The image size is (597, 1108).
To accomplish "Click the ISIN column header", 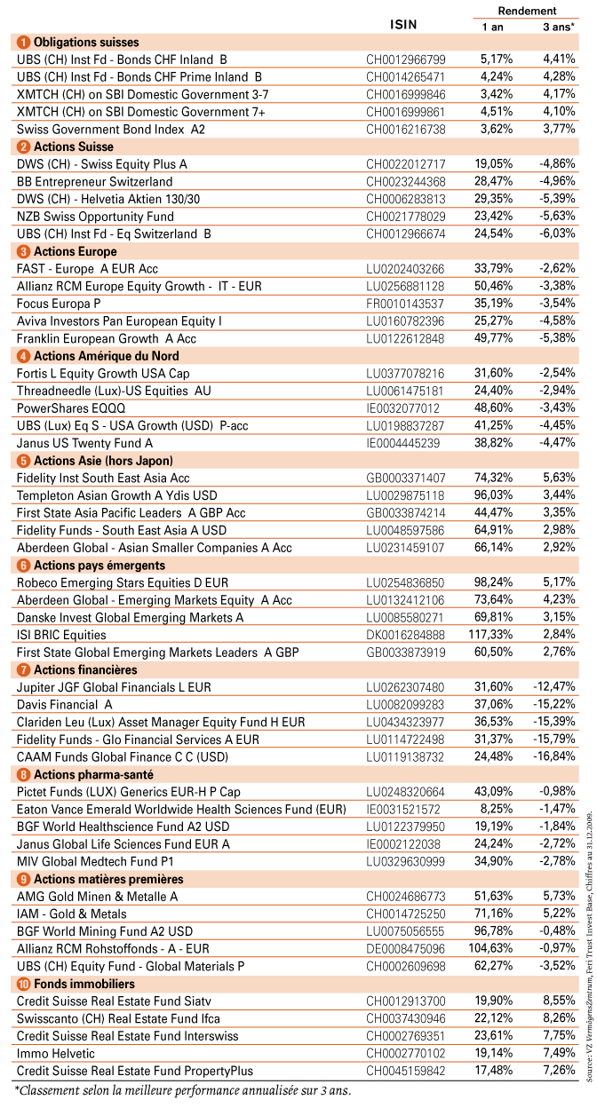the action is click(x=403, y=25).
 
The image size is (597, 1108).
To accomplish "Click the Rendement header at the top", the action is click(x=527, y=11).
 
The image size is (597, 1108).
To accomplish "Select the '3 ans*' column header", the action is click(x=559, y=27).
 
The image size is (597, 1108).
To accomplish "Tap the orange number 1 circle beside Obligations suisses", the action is click(x=23, y=43).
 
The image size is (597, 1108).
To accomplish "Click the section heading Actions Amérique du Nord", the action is click(x=106, y=356).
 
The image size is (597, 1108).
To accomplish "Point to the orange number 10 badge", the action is click(x=23, y=984).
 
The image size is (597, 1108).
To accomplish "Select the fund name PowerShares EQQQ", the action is click(x=71, y=408).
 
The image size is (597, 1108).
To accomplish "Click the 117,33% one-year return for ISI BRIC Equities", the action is click(x=490, y=635).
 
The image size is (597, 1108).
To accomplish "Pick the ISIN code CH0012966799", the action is click(x=405, y=59).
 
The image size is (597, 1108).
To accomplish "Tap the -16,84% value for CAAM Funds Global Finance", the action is click(x=553, y=756).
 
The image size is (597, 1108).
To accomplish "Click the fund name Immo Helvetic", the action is click(x=55, y=1054).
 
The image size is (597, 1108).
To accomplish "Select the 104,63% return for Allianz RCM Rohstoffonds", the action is click(x=490, y=948).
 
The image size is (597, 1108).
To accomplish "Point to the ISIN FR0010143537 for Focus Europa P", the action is click(x=405, y=304).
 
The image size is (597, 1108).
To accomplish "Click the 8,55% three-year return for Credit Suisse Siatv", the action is click(x=559, y=1001).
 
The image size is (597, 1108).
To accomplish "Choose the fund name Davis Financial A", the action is click(x=64, y=704).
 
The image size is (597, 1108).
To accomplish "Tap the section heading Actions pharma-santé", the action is click(x=93, y=774).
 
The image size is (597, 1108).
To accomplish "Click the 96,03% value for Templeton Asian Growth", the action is click(x=493, y=495).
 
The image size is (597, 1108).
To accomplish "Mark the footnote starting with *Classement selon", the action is click(x=183, y=1091).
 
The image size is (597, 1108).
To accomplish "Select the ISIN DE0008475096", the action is click(x=405, y=949).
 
